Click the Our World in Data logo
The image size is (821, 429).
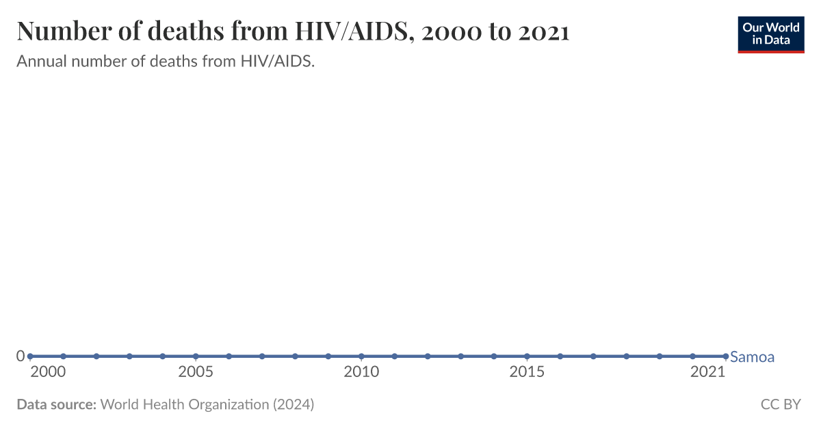coord(770,34)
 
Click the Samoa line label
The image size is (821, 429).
coord(752,356)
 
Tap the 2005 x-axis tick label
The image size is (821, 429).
coord(196,372)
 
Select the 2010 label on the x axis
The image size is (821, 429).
coord(361,372)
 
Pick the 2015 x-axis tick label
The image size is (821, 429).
coord(527,372)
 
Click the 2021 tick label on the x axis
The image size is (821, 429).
coord(707,372)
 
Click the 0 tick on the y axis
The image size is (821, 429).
coord(21,356)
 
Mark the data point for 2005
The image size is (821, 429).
coord(196,356)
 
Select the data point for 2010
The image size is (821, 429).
coord(361,356)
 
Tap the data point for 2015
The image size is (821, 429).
coord(527,356)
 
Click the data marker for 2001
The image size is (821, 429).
coord(63,356)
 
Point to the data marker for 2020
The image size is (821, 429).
coord(692,356)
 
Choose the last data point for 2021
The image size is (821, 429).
coord(725,356)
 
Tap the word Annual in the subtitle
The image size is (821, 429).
coord(40,62)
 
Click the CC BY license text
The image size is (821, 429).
coord(780,404)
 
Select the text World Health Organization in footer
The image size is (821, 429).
coord(185,404)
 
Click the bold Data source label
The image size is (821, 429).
coord(56,404)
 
